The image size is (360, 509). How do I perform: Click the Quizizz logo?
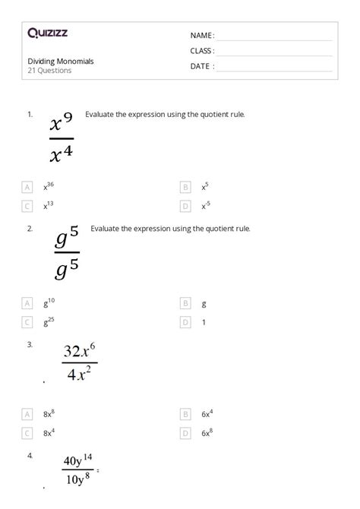(x=46, y=34)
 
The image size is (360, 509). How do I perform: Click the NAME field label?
(x=202, y=36)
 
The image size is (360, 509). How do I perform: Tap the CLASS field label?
(x=202, y=51)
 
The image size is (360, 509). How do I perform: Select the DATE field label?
(x=202, y=66)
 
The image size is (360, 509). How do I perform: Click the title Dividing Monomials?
(x=61, y=61)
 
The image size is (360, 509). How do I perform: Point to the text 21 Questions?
(x=49, y=71)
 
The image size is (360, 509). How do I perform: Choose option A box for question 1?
(x=27, y=186)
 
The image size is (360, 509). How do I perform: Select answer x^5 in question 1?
(x=206, y=186)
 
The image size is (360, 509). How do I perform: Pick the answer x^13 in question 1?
(x=48, y=205)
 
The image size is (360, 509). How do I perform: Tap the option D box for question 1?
(x=185, y=206)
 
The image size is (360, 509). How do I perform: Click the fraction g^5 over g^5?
(x=67, y=255)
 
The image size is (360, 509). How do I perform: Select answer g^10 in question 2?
(x=49, y=302)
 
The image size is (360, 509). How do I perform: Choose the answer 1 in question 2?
(x=204, y=322)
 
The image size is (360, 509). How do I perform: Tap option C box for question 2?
(x=27, y=322)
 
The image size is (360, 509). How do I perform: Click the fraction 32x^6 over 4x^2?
(x=80, y=363)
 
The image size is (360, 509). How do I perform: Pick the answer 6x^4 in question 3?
(x=207, y=414)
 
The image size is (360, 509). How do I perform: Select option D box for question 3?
(x=185, y=433)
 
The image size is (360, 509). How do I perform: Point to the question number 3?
(x=30, y=344)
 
